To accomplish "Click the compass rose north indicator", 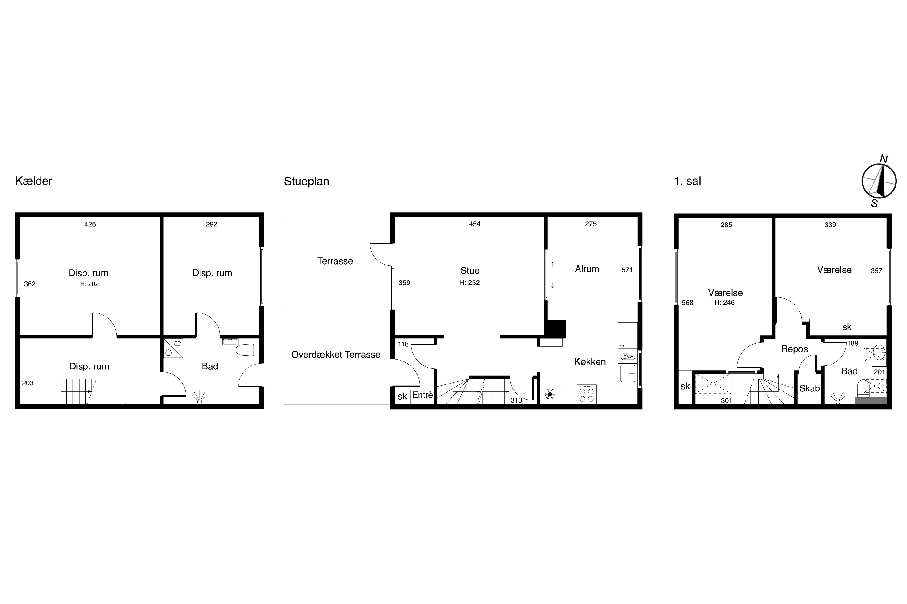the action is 883,159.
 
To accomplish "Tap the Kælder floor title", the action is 34,181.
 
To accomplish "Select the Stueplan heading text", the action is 307,182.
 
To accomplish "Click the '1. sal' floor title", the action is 687,181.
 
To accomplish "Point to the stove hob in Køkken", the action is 587,395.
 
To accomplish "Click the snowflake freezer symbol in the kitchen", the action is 550,394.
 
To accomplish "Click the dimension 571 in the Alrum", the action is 627,270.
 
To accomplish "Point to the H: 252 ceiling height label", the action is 469,283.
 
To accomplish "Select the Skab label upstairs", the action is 809,388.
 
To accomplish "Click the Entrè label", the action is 423,395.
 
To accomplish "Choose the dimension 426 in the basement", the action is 90,224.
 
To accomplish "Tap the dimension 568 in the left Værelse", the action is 688,303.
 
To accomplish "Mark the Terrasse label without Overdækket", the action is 335,261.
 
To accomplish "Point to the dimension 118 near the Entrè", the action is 403,344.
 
